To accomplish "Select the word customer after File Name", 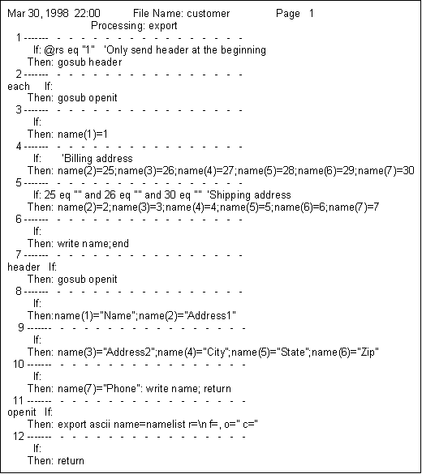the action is (x=209, y=14).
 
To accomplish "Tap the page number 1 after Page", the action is (x=311, y=13).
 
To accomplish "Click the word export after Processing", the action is (x=163, y=26).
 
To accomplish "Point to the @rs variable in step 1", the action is (x=54, y=50).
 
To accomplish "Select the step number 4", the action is (x=19, y=147).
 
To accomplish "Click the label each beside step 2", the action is (x=19, y=87).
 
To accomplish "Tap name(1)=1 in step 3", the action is (x=83, y=135).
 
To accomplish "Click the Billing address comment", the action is (x=97, y=159).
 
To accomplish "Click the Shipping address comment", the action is (x=249, y=195).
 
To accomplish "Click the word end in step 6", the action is (x=120, y=244).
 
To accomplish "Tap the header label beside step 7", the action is (x=24, y=267).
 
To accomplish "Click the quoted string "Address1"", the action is (x=210, y=316).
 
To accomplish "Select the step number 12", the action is (x=19, y=437).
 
